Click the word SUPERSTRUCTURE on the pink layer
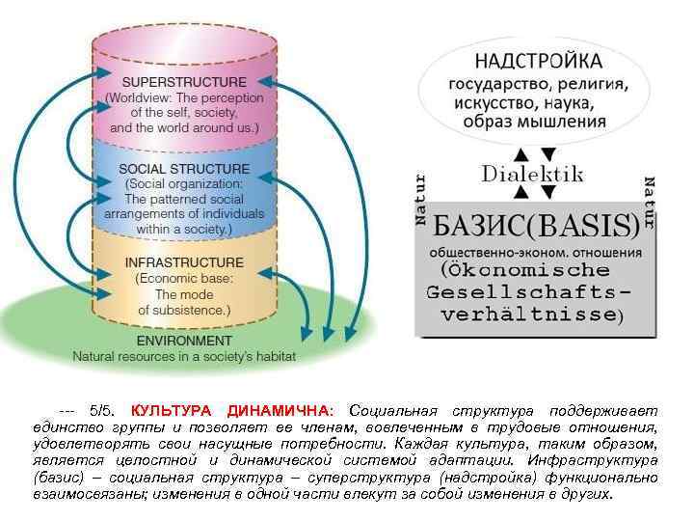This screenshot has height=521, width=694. [x=183, y=82]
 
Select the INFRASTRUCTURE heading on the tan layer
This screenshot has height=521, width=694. [x=184, y=262]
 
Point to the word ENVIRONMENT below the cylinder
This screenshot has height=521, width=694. [x=184, y=341]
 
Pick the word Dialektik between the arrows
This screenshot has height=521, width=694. [x=533, y=174]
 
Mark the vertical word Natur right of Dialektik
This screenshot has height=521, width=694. [x=649, y=202]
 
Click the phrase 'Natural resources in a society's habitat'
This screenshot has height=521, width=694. [x=184, y=356]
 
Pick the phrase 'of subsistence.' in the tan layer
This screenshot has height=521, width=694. [x=184, y=310]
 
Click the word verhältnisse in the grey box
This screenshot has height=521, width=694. [x=529, y=315]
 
